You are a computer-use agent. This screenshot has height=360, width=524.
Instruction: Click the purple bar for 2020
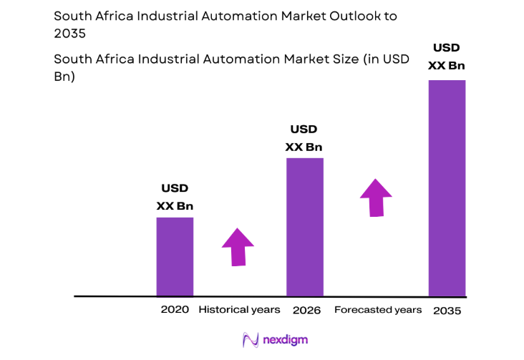pos(175,256)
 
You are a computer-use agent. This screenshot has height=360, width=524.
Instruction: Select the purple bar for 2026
pos(305,226)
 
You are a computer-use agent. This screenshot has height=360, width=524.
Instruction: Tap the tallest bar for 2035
pos(447,188)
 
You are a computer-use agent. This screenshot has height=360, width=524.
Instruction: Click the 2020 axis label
pos(175,310)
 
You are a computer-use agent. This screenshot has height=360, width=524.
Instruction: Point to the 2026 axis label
pos(306,310)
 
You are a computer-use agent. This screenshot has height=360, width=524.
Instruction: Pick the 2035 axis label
pos(447,311)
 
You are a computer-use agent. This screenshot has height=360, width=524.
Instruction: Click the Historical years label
pos(239,310)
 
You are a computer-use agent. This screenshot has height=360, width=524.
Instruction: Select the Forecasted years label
pos(377,310)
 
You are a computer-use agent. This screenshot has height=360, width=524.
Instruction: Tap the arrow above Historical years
pos(238,248)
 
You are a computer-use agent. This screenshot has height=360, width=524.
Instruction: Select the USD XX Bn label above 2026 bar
pos(304,138)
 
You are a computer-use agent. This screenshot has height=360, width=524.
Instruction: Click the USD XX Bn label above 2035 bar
pos(447,57)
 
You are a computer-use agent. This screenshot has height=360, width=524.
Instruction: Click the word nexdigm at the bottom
pos(284,340)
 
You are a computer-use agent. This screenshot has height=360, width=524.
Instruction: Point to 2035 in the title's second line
pos(69,33)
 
